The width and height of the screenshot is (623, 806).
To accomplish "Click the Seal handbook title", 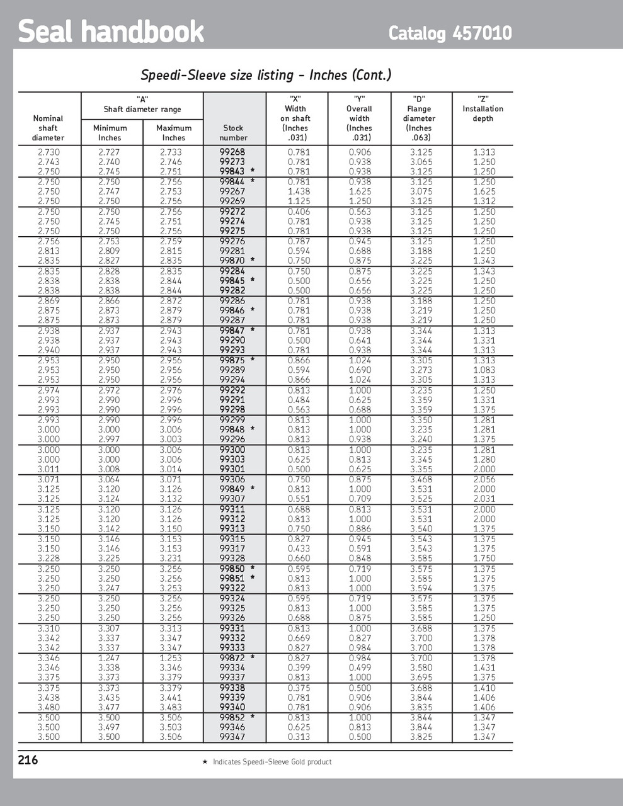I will pyautogui.click(x=111, y=31).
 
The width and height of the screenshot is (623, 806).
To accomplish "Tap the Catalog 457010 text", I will pyautogui.click(x=450, y=33).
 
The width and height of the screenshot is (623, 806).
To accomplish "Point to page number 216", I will pyautogui.click(x=28, y=760).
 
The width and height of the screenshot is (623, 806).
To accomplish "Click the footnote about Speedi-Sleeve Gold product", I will pyautogui.click(x=267, y=762).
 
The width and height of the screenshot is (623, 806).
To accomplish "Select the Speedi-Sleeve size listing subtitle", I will pyautogui.click(x=266, y=75).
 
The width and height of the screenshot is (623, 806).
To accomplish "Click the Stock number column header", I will pyautogui.click(x=233, y=133).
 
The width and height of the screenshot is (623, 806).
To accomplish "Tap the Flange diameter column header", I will pyautogui.click(x=419, y=118).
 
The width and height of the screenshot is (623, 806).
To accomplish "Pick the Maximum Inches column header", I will pyautogui.click(x=173, y=133).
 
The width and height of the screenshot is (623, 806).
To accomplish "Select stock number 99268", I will pyautogui.click(x=232, y=152).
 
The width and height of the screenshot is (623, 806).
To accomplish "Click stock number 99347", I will pyautogui.click(x=232, y=737).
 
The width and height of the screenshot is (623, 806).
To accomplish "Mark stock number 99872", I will pyautogui.click(x=232, y=658).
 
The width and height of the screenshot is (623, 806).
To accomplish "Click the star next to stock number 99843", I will pyautogui.click(x=253, y=171).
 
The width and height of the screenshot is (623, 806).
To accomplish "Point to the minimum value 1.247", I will pyautogui.click(x=109, y=658).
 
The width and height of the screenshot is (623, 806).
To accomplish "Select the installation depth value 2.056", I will pyautogui.click(x=484, y=479).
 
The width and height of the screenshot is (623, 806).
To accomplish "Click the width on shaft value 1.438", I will pyautogui.click(x=299, y=191).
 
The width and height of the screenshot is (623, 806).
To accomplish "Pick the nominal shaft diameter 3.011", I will pyautogui.click(x=49, y=469).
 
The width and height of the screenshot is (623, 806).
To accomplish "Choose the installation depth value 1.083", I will pyautogui.click(x=484, y=370).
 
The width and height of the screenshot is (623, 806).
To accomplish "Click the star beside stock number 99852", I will pyautogui.click(x=253, y=717).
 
